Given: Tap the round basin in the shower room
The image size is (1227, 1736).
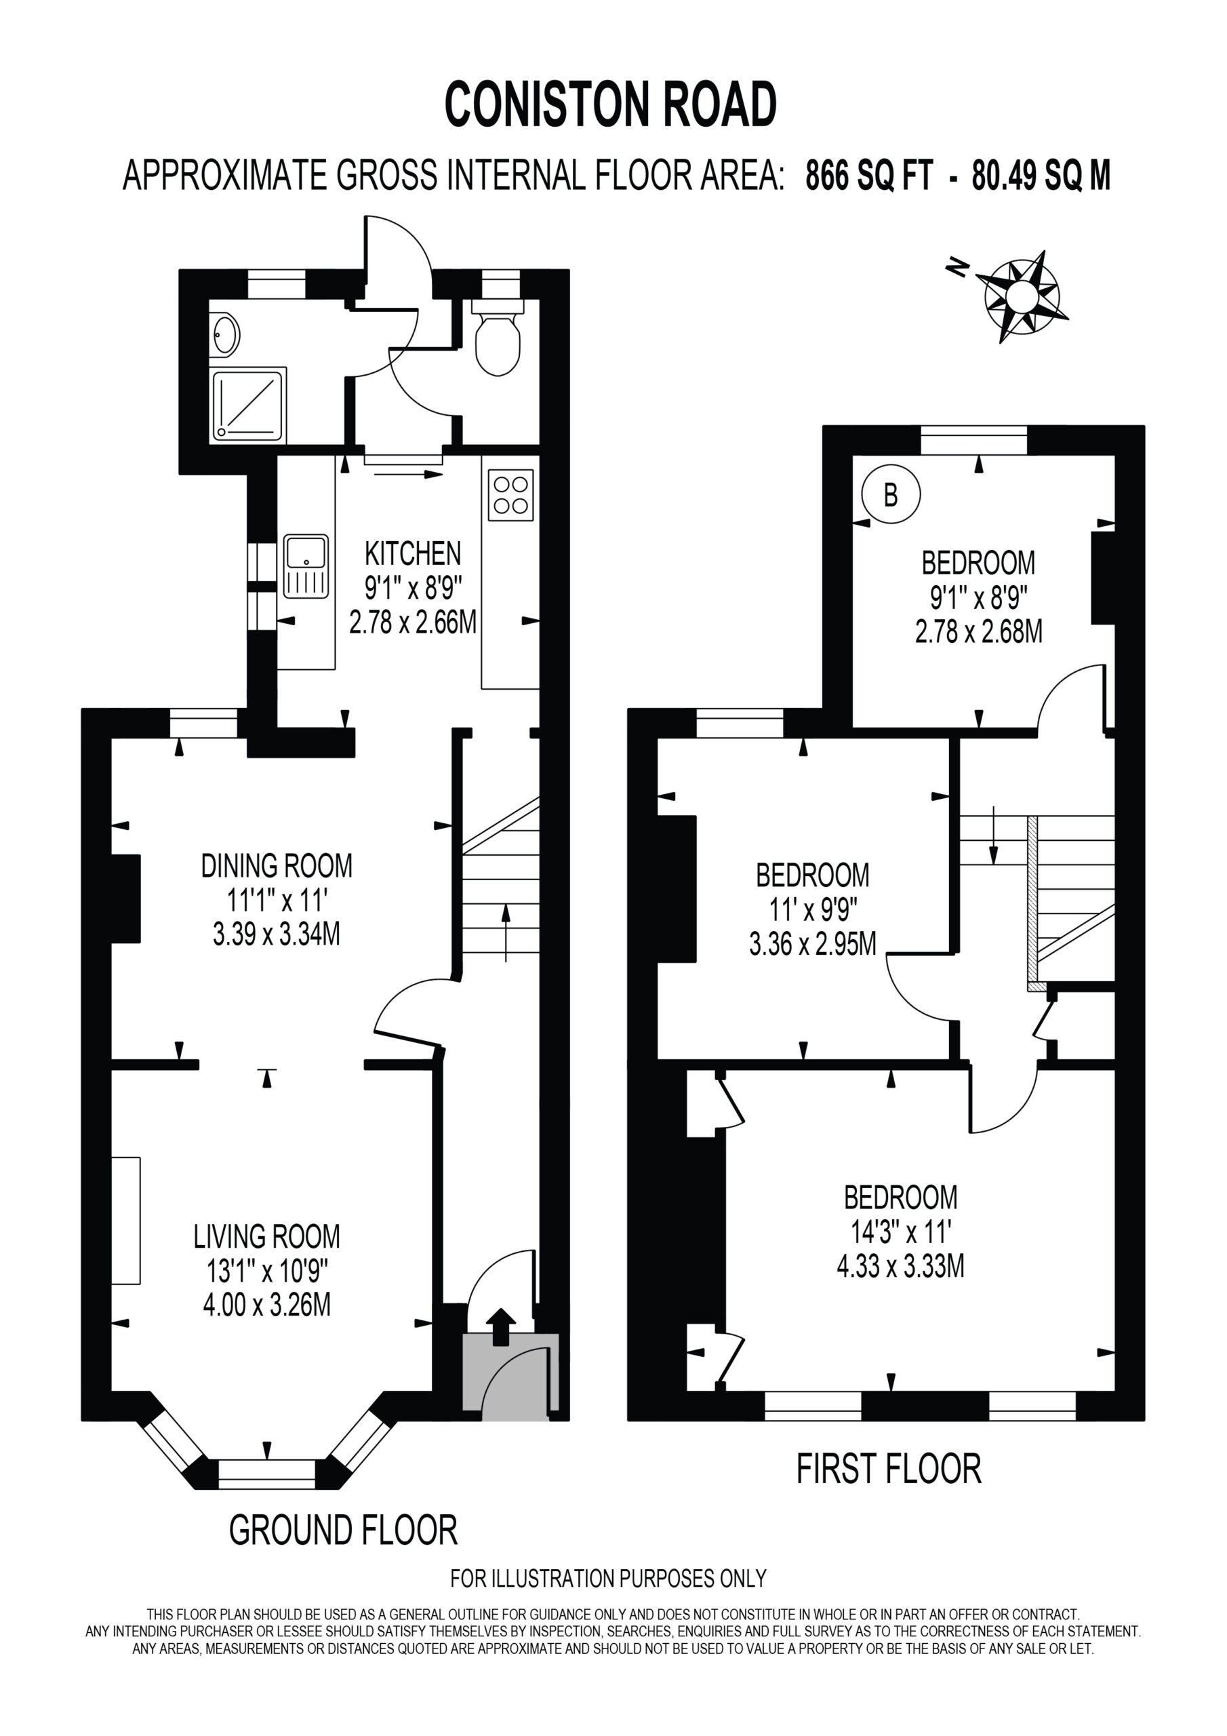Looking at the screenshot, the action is (x=225, y=334).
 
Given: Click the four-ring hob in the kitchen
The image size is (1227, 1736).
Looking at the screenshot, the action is (x=510, y=494).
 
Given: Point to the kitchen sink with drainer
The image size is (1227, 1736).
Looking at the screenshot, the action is (x=306, y=566).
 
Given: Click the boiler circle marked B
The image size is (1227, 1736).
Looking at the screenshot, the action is (x=891, y=494).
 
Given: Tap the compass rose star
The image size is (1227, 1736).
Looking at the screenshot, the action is (x=1022, y=296).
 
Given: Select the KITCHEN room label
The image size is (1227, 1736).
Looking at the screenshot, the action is (x=413, y=553).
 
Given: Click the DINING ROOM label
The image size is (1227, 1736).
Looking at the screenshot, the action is (x=277, y=866).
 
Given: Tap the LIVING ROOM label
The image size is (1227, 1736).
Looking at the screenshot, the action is (x=267, y=1236).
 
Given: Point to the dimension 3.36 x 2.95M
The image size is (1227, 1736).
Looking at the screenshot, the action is (x=813, y=943).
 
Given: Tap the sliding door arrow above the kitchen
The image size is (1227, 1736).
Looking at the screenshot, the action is (x=407, y=475).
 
